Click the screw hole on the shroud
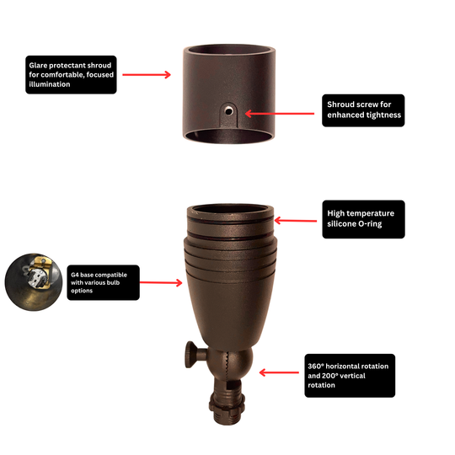click(228, 110)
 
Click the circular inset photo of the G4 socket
click(34, 282)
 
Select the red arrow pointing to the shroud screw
click(280, 114)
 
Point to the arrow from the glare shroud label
click(147, 75)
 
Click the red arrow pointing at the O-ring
click(296, 221)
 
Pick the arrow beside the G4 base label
click(161, 282)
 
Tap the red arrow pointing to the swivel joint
click(279, 372)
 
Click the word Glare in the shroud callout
click(38, 66)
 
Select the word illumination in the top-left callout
click(50, 84)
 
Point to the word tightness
click(383, 115)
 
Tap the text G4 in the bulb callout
click(75, 275)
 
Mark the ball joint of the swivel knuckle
click(229, 362)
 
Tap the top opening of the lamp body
click(230, 209)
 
